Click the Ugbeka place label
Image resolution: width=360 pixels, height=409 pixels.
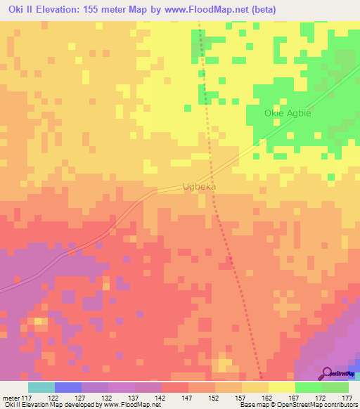pos(199,187)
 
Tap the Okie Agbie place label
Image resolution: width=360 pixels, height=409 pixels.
pos(287,113)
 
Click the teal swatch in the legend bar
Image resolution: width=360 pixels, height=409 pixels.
pos(41,387)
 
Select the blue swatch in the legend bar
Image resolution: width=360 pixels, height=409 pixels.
pos(68,387)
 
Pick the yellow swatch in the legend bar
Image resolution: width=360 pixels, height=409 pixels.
pos(282,387)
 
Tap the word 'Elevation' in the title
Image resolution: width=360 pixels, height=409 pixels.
pos(57,10)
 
